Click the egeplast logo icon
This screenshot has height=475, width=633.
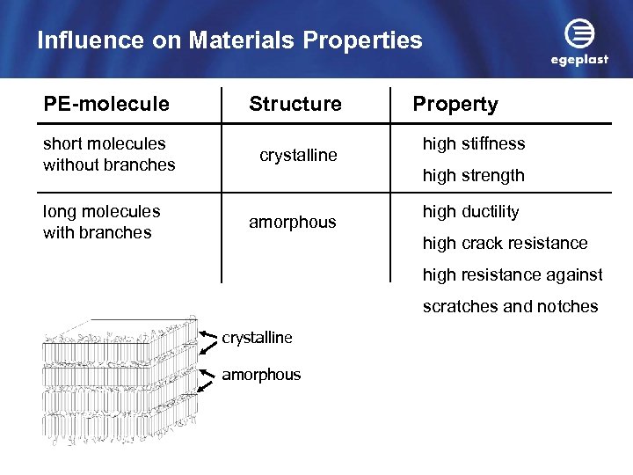point(578,35)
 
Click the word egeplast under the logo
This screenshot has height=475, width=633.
point(579,61)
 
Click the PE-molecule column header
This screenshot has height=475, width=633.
point(106,104)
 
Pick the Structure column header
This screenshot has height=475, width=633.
point(295,104)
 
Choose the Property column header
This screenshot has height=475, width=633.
point(455,104)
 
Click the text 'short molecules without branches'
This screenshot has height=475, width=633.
point(109,154)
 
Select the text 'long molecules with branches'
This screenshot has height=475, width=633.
point(101,222)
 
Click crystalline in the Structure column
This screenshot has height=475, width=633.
point(298,156)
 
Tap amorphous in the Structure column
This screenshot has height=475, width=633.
point(292,223)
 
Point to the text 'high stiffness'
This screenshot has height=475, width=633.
point(474,143)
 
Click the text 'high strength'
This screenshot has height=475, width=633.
point(473,175)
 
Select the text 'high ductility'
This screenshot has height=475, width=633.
point(470,212)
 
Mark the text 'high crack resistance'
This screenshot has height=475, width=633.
point(505,243)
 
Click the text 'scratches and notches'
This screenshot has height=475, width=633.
point(510,306)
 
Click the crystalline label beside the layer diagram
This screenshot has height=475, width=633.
point(257,338)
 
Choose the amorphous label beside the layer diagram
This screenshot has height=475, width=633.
point(261,375)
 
